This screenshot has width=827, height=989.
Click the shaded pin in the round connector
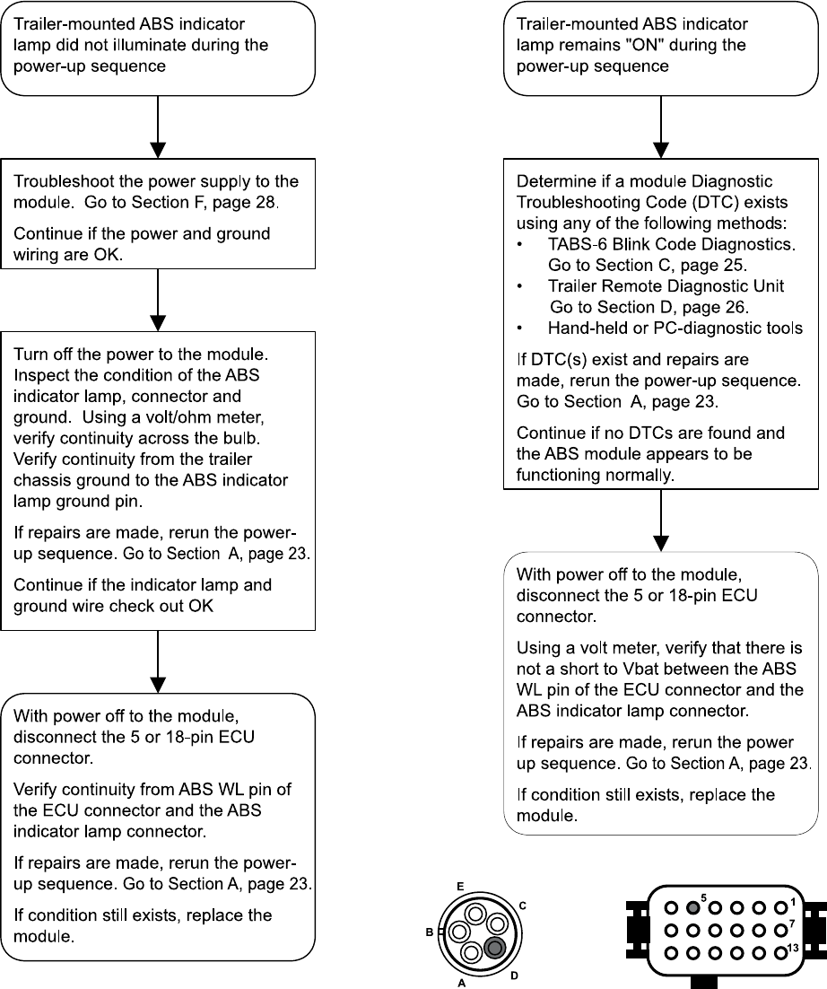click(493, 949)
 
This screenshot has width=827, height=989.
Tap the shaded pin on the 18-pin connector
click(692, 906)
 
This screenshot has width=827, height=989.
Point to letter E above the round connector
click(460, 887)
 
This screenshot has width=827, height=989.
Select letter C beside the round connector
click(522, 906)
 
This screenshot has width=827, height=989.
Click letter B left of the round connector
click(429, 933)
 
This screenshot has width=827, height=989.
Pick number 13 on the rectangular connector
click(792, 950)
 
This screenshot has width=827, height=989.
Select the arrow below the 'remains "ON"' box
click(661, 126)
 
